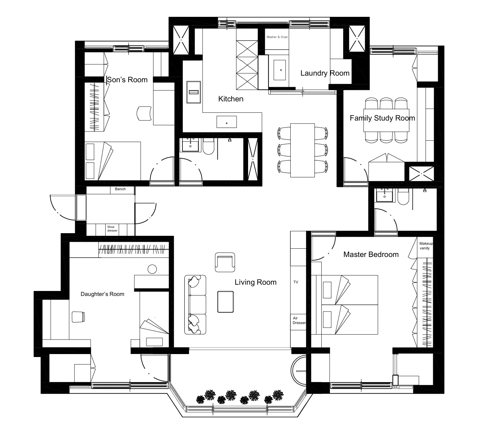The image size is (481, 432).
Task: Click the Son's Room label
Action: tap(127, 80)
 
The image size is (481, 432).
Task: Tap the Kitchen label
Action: tap(231, 99)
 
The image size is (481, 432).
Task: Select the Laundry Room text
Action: tap(325, 73)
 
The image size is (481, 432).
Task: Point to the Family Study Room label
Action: tap(382, 118)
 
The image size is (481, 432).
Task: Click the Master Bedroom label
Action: tap(371, 254)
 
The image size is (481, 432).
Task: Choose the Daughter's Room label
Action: tap(102, 294)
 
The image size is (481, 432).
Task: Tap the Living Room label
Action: tap(255, 282)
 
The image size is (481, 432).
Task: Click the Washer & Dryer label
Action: tap(277, 37)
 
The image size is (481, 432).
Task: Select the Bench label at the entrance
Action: tap(120, 189)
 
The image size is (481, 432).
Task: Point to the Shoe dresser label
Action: tap(112, 229)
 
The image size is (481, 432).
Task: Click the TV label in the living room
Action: tap(296, 282)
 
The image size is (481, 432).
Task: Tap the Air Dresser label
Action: tap(299, 320)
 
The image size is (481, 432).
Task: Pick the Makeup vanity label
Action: tap(426, 246)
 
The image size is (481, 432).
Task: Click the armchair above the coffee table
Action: tap(225, 262)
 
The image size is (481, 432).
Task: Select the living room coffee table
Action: tap(225, 302)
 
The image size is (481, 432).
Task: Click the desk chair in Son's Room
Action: tap(144, 113)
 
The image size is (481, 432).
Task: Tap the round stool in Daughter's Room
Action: tap(152, 269)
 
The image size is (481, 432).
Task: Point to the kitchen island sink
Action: tap(227, 122)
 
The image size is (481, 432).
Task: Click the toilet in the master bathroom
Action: tap(403, 197)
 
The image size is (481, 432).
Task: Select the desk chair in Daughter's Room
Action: tap(78, 317)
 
